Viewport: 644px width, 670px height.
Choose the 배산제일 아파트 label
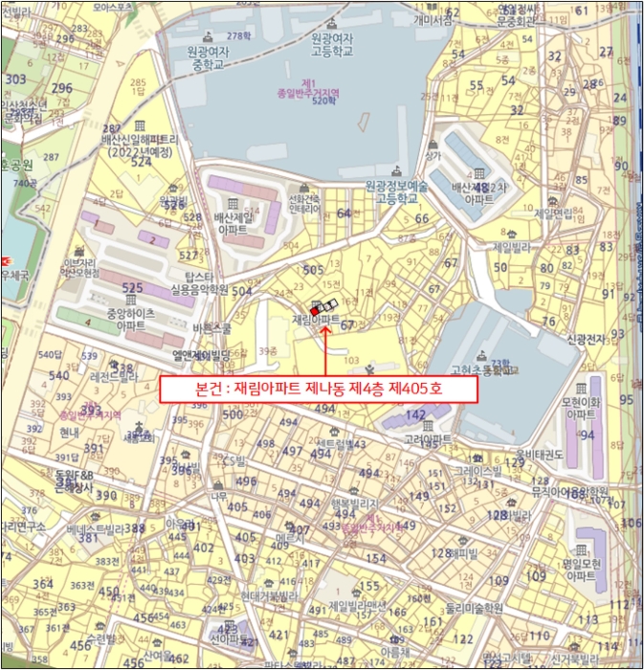pyautogui.click(x=233, y=223)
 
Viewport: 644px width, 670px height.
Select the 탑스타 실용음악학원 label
pyautogui.click(x=198, y=282)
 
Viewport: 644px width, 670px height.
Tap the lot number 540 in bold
pyautogui.click(x=60, y=375)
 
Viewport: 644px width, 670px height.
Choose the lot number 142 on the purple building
pyautogui.click(x=414, y=413)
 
